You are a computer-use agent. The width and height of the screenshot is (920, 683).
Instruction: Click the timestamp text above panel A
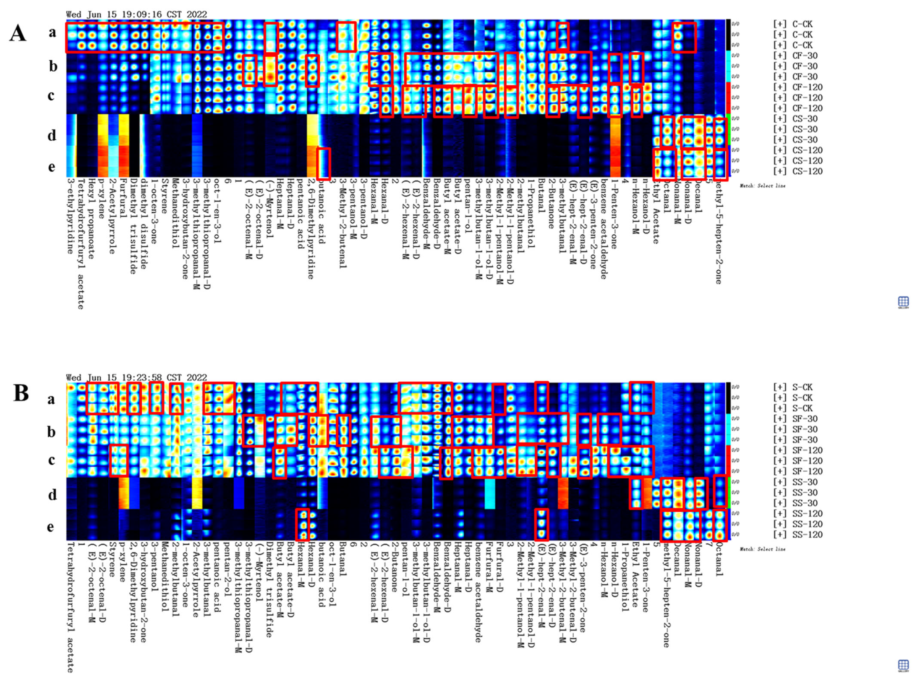click(136, 14)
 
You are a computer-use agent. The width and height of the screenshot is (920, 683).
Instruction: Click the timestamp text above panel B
click(136, 377)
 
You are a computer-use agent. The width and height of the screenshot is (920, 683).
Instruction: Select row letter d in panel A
click(52, 135)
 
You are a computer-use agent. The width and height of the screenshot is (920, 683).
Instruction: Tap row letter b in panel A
click(53, 66)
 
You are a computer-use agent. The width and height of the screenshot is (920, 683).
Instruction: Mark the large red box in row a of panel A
click(145, 37)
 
